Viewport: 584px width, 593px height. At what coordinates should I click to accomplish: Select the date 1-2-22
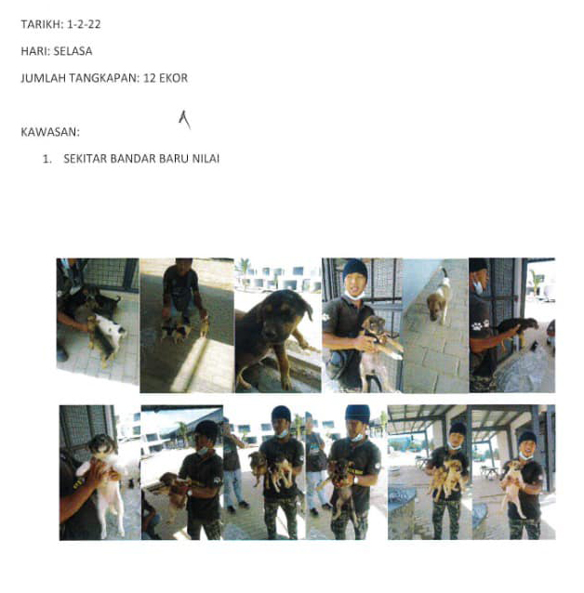(x=84, y=24)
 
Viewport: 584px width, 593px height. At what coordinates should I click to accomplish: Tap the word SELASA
(x=73, y=51)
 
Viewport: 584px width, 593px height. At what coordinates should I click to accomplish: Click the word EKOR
(x=173, y=78)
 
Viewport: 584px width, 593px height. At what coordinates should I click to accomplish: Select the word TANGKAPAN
(x=104, y=78)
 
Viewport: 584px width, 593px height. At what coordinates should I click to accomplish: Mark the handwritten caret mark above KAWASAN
(x=184, y=120)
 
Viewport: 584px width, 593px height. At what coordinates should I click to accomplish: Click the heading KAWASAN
(x=50, y=132)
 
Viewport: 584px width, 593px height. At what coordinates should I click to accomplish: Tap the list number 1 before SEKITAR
(x=46, y=159)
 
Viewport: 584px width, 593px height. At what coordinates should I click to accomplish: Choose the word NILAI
(x=206, y=158)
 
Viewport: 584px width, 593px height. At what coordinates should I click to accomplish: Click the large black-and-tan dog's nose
(x=271, y=333)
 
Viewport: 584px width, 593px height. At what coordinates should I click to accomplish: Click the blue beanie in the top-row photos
(x=354, y=269)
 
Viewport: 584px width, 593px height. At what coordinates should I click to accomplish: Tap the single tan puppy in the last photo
(x=512, y=488)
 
